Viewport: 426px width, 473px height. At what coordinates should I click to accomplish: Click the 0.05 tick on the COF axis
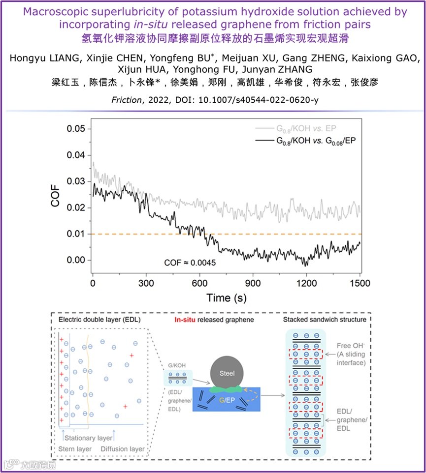tap(76, 129)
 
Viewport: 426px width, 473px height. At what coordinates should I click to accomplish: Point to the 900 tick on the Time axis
tap(253, 284)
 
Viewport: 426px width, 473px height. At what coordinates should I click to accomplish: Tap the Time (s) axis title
tap(226, 298)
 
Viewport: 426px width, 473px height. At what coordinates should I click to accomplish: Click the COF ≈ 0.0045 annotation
tap(190, 263)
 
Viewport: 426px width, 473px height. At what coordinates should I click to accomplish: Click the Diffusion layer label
tap(123, 449)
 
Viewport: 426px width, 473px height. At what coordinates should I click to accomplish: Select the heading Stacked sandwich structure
tap(325, 320)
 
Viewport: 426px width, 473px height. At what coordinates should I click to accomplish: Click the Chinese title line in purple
tap(213, 37)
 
